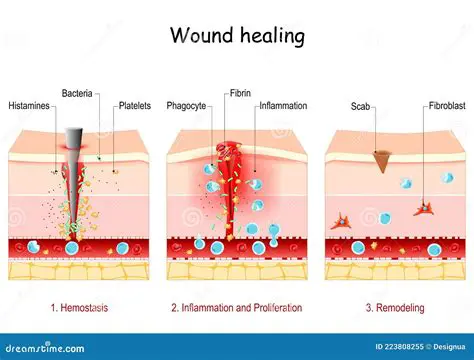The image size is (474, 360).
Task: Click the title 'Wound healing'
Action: [x=236, y=36]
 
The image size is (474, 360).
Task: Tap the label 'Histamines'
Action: [x=32, y=106]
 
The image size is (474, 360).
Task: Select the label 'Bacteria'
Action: [x=77, y=93]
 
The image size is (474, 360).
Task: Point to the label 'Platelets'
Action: [x=134, y=106]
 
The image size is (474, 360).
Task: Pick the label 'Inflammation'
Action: [x=283, y=106]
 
